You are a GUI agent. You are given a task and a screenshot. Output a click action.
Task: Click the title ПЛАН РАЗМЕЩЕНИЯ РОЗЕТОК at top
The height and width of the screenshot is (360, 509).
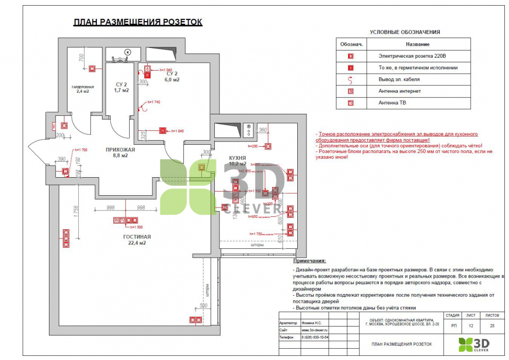pos(138,22)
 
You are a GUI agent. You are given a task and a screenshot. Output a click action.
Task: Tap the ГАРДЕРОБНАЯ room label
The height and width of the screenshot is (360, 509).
pos(82,87)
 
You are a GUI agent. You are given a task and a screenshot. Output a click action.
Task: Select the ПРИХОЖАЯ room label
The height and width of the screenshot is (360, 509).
pos(120,150)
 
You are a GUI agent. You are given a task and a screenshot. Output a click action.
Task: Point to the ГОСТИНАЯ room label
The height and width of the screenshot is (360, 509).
pos(137,237)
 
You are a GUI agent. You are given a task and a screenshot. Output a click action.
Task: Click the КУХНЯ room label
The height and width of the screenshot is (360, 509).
pos(237,158)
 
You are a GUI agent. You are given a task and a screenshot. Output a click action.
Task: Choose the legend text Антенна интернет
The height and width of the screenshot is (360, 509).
pos(399,91)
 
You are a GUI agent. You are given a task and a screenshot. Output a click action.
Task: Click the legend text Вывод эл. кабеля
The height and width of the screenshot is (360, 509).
pos(399,79)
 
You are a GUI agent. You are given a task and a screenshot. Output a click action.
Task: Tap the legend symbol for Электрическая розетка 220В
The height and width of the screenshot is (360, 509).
pos(350,56)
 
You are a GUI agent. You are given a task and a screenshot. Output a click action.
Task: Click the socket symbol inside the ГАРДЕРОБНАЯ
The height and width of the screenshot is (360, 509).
pos(93,68)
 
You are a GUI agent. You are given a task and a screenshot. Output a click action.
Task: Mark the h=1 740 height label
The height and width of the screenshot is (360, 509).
pos(154,102)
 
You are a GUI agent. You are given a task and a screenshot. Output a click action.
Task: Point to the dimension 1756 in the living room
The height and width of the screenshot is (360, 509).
pos(76,213)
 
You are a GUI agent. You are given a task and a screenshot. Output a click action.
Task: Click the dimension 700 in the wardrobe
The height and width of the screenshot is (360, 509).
pos(81,57)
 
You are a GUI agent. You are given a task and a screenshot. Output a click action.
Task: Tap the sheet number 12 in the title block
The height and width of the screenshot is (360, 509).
pos(470,325)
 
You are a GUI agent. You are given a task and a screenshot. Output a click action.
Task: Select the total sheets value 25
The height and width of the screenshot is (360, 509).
pos(492,325)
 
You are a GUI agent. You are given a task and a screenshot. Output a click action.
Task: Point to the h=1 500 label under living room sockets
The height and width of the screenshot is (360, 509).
pos(136,227)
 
